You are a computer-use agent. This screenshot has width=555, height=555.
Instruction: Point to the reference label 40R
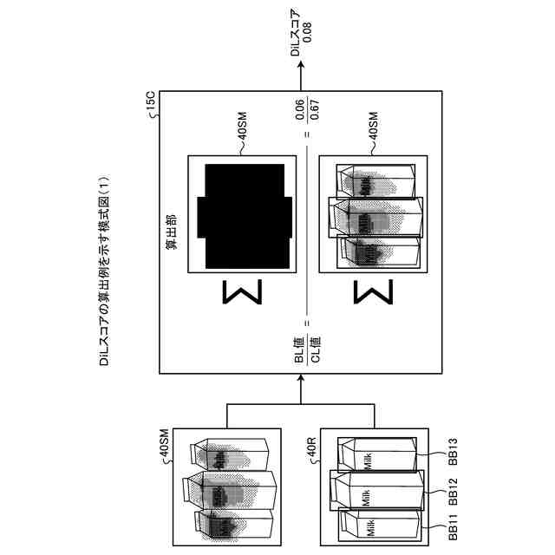pyautogui.click(x=310, y=448)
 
